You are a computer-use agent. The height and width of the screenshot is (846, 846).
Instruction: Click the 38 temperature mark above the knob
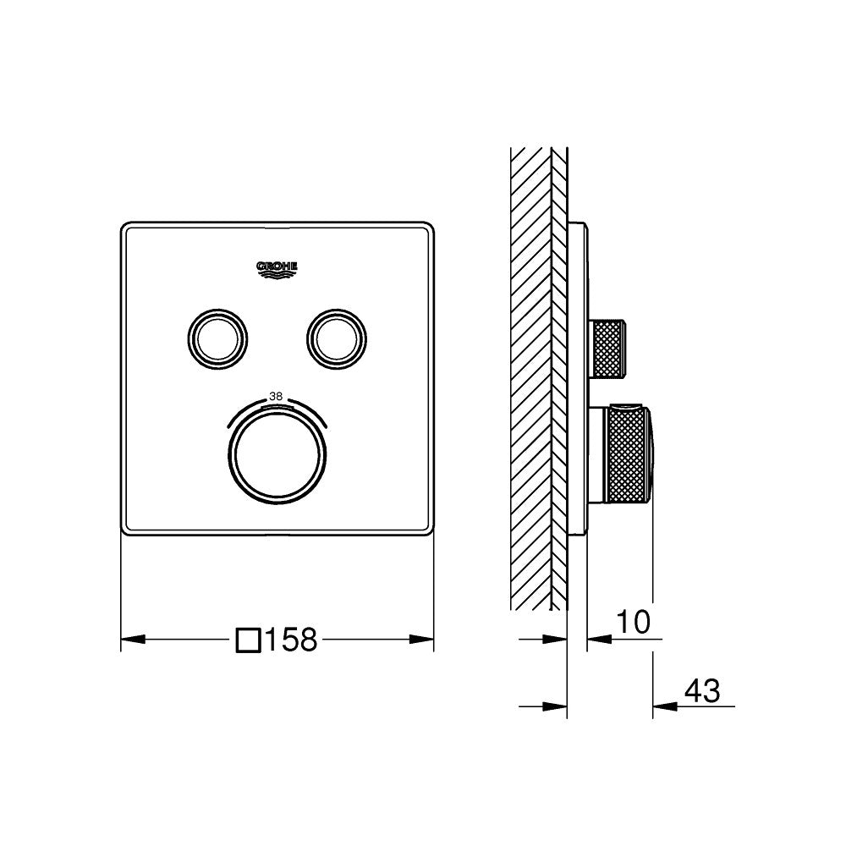tap(275, 395)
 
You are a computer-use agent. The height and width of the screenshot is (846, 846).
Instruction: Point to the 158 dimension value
tap(291, 640)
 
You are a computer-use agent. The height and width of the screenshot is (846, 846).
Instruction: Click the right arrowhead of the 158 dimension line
tap(426, 640)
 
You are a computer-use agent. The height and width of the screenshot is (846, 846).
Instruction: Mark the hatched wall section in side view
tap(530, 372)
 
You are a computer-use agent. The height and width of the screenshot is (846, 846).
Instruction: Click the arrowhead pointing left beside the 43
tap(662, 704)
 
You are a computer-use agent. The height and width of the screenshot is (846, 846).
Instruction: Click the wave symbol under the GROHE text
tap(277, 272)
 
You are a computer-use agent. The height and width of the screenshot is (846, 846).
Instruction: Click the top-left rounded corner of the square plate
tap(127, 228)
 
